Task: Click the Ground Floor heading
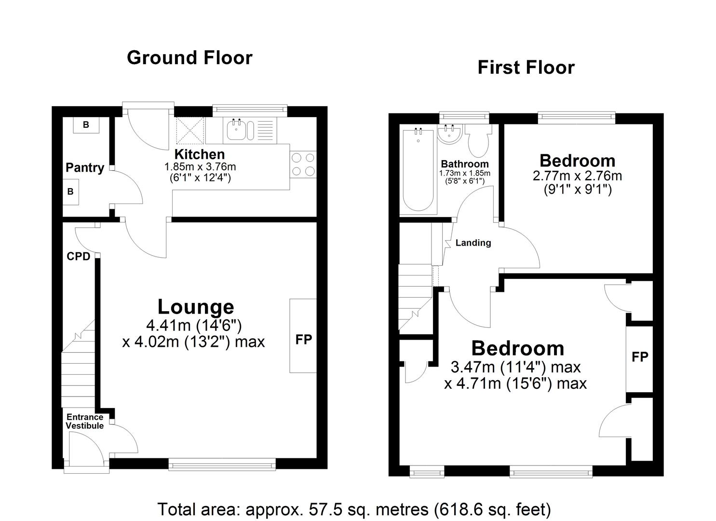click(x=189, y=58)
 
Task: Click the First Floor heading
click(x=526, y=68)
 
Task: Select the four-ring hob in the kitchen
click(x=303, y=164)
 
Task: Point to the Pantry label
click(x=85, y=168)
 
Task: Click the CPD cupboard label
click(x=79, y=257)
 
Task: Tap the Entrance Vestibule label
click(x=85, y=421)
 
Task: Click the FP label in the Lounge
click(x=303, y=340)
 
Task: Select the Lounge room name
click(x=196, y=307)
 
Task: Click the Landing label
click(x=473, y=243)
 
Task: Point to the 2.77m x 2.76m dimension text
click(x=577, y=176)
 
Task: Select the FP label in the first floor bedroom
click(x=640, y=357)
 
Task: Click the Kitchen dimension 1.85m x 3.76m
click(x=200, y=167)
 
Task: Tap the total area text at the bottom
click(x=354, y=509)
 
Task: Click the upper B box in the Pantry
click(x=86, y=125)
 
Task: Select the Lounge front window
click(x=222, y=465)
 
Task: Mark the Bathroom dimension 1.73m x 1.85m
click(x=464, y=173)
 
